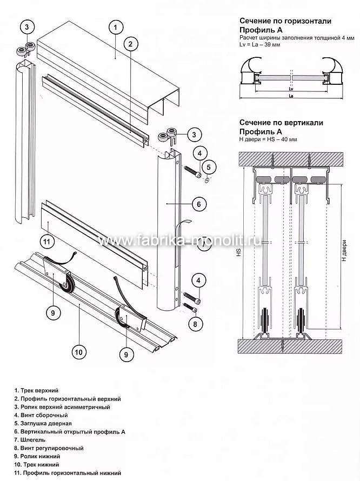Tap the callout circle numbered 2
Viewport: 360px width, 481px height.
point(129,45)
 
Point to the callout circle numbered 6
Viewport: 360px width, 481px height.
point(198,204)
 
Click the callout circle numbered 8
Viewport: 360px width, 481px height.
point(195,324)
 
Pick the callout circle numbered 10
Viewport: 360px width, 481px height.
point(78,352)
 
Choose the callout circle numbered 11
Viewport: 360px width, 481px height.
point(47,241)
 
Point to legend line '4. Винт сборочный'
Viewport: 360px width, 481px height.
point(42,415)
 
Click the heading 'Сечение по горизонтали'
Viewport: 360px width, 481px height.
point(285,21)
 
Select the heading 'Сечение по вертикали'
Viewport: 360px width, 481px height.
point(281,123)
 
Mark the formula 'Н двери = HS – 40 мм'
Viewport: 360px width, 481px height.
point(268,139)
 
